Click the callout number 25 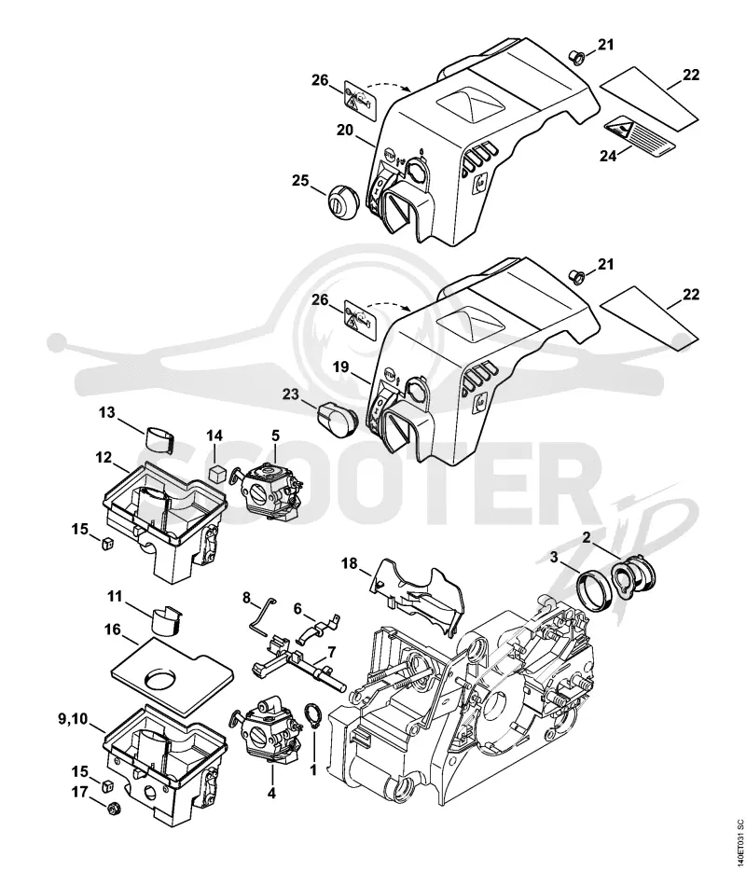point(301,181)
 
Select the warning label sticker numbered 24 point(640,134)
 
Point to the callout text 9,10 point(74,719)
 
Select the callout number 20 point(345,130)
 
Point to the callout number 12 point(104,458)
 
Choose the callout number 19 point(341,367)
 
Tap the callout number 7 point(331,650)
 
